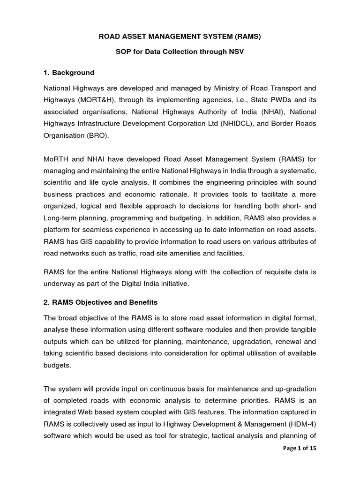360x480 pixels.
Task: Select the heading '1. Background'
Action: pyautogui.click(x=69, y=73)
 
